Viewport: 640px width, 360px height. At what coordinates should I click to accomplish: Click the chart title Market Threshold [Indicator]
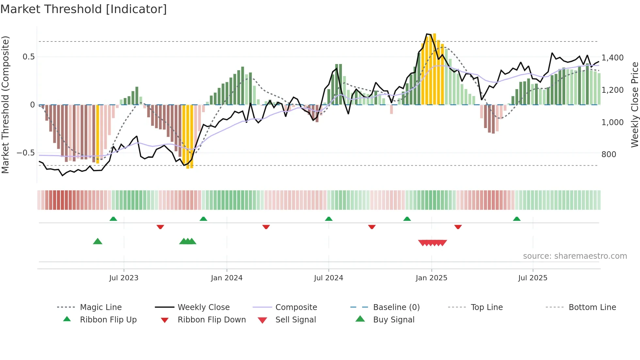tap(84, 9)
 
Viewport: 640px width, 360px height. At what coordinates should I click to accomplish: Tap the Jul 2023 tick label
tap(124, 278)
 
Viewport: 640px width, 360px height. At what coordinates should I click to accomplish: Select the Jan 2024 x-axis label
tap(227, 278)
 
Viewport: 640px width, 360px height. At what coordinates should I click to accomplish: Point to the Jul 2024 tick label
tap(328, 278)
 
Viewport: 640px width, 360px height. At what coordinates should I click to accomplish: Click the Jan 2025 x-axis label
tap(431, 278)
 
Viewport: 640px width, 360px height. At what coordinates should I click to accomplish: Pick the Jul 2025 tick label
tap(533, 278)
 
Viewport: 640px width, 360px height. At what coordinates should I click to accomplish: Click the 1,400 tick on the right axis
tap(612, 58)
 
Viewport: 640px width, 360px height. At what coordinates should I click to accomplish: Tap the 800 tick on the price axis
tap(609, 155)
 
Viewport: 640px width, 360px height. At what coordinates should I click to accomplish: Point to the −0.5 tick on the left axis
tap(25, 153)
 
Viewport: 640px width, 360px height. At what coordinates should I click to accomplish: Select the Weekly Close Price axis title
tap(634, 105)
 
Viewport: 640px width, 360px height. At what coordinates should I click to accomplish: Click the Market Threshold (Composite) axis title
tap(5, 105)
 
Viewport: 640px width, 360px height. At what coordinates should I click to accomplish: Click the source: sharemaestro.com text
tap(575, 256)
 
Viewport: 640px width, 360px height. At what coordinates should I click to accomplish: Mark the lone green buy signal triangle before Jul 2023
tap(98, 242)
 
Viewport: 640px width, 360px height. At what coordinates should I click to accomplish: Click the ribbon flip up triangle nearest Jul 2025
tap(517, 219)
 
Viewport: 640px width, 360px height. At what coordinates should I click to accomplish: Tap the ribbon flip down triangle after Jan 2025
tap(458, 227)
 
